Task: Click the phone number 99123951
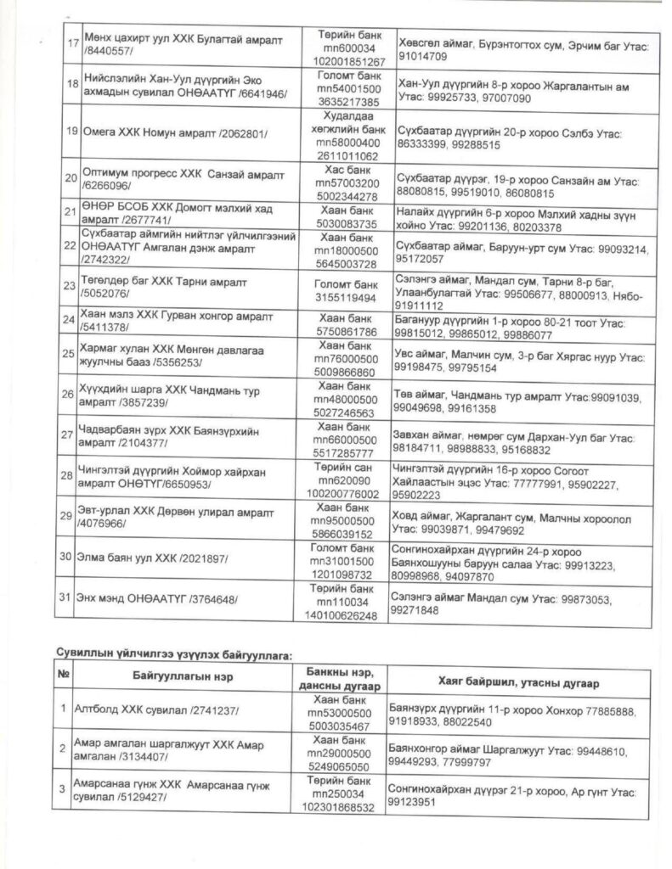(x=414, y=800)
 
